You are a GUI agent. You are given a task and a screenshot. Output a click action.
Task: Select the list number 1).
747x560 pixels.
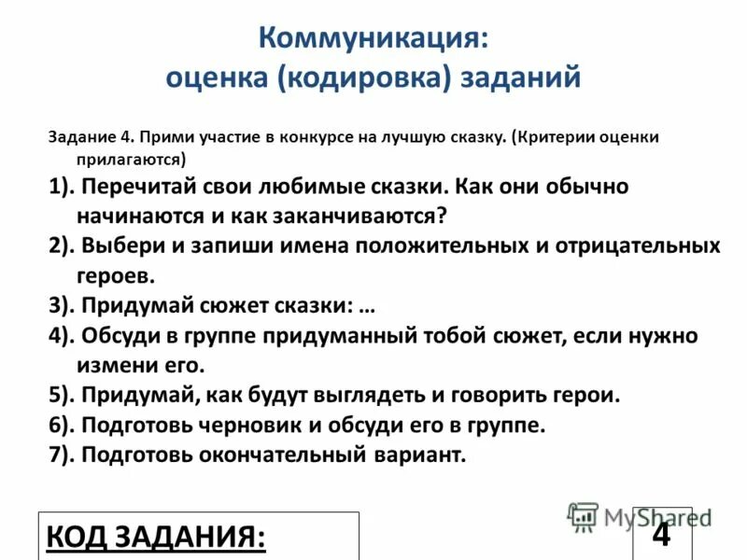coord(63,186)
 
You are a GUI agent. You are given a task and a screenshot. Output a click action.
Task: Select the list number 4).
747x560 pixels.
coord(63,335)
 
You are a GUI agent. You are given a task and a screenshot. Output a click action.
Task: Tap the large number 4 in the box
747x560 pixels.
coord(661,534)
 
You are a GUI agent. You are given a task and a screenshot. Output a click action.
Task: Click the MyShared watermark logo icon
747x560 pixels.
coord(583,516)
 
